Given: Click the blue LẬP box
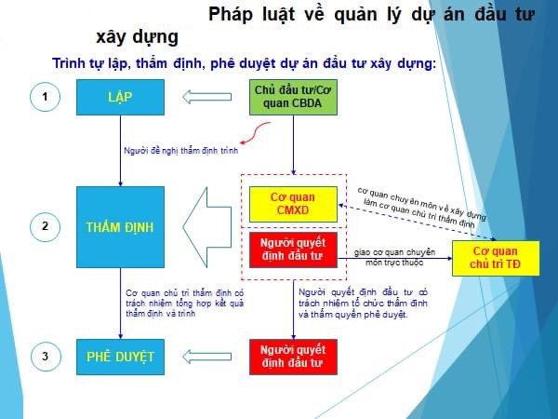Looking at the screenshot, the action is pyautogui.click(x=120, y=97).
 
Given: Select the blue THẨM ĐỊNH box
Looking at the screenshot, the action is pyautogui.click(x=120, y=227).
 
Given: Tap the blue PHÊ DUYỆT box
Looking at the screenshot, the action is pyautogui.click(x=120, y=357).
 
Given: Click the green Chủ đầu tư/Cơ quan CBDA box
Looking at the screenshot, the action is pyautogui.click(x=293, y=97).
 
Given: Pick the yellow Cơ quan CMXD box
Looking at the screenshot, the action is pyautogui.click(x=293, y=204).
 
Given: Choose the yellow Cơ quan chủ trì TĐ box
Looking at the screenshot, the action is pyautogui.click(x=496, y=258).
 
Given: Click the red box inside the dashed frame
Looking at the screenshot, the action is pyautogui.click(x=293, y=250).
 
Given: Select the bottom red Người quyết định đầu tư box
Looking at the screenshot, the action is pyautogui.click(x=293, y=357).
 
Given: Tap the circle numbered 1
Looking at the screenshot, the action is pyautogui.click(x=45, y=97).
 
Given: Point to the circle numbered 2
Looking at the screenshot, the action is pyautogui.click(x=45, y=227).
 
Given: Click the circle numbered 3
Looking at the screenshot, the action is pyautogui.click(x=46, y=357).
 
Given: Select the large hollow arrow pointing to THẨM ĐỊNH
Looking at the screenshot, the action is pyautogui.click(x=207, y=227).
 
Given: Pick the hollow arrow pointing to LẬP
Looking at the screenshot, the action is pyautogui.click(x=207, y=97).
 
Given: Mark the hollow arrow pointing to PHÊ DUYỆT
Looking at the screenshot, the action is pyautogui.click(x=207, y=357).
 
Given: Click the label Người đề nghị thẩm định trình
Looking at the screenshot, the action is pyautogui.click(x=180, y=151).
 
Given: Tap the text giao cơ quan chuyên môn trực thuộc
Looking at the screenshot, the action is pyautogui.click(x=394, y=257).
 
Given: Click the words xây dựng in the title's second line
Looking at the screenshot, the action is pyautogui.click(x=137, y=37).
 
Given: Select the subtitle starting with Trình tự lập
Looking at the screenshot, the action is pyautogui.click(x=244, y=63).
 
